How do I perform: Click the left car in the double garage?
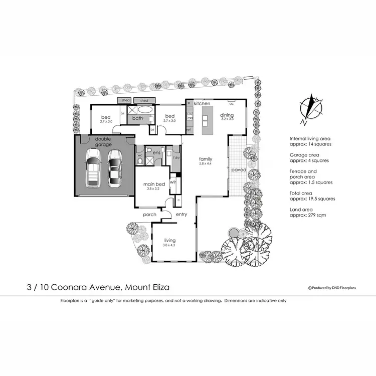pyautogui.click(x=93, y=167)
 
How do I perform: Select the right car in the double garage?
pyautogui.click(x=115, y=167)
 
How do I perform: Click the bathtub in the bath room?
pyautogui.click(x=146, y=110)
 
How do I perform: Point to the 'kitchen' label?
pyautogui.click(x=202, y=103)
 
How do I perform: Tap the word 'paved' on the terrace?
pyautogui.click(x=238, y=170)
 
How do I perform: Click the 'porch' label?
pyautogui.click(x=150, y=215)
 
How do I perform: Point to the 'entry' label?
pyautogui.click(x=181, y=215)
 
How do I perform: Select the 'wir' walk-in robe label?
pyautogui.click(x=173, y=182)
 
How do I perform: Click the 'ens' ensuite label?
pyautogui.click(x=156, y=152)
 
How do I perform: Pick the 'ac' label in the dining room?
pyautogui.click(x=231, y=104)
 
